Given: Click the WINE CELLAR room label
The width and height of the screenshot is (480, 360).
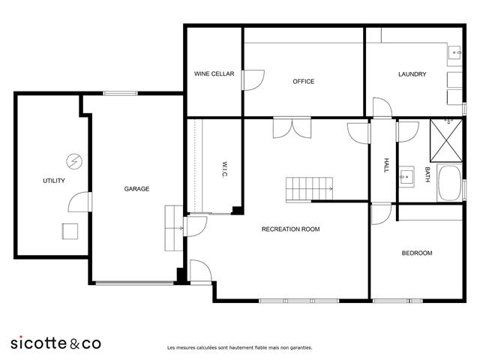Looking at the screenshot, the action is point(214,73).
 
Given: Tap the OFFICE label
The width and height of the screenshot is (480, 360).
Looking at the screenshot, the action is point(303,82).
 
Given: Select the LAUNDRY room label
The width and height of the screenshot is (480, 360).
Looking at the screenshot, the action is point(412,74).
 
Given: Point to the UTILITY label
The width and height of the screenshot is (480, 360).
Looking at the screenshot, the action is point(54,181).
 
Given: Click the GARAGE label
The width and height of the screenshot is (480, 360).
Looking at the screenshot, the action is point(136,189).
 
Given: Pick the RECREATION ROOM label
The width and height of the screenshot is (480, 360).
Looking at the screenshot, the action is point(290,229).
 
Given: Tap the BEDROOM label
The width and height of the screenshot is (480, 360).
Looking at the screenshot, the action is point(417,253).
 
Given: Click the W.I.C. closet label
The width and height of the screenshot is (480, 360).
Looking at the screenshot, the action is point(224,169).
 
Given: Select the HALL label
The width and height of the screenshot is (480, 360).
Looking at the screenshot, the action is point(386,165).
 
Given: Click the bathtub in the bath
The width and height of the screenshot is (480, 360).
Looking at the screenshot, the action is point(449,183).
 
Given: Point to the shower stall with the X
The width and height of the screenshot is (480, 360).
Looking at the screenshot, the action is point(446,140).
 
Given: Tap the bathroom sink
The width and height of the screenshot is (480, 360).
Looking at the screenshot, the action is point(406,177).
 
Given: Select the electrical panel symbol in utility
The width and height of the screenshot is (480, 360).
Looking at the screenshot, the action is point(74,161).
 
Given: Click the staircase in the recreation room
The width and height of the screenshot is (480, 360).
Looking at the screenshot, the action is point(309,189).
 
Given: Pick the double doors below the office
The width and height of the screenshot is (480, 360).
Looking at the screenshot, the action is point(292,127).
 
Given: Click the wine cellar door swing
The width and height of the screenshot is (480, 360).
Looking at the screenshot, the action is point(253,80).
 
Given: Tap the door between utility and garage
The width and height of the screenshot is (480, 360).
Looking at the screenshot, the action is point(79,202).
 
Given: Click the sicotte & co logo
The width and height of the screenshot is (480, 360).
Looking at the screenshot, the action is point(55,343).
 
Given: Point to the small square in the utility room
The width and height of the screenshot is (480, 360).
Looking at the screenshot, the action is point(70,231).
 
